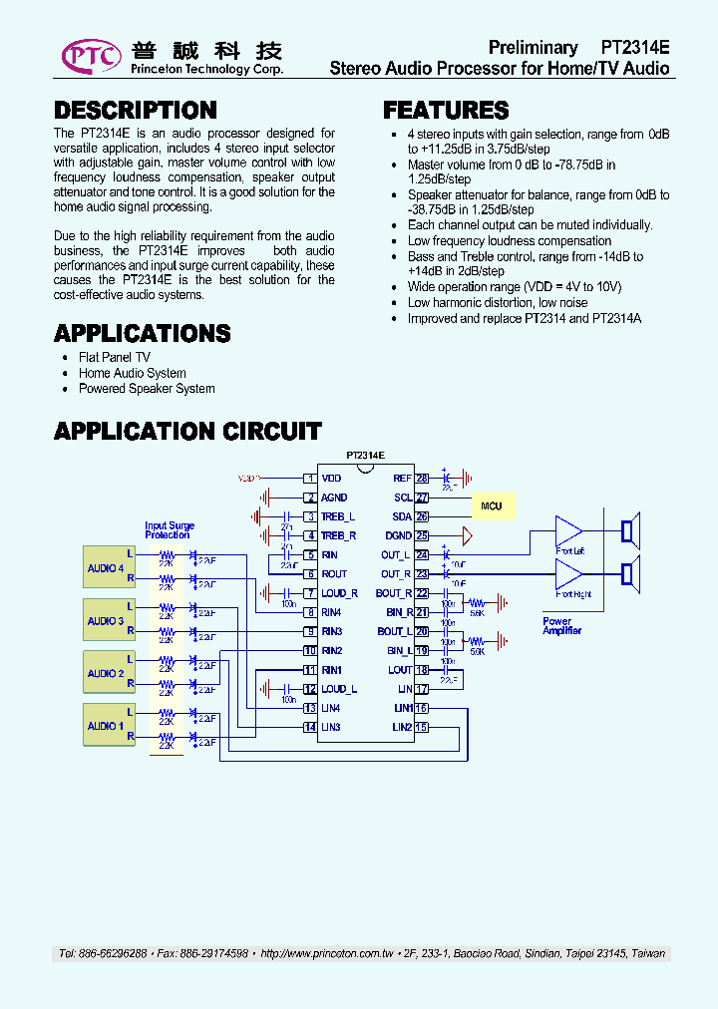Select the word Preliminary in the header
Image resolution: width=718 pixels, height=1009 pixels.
533,48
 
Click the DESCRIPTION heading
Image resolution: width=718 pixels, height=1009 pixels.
135,111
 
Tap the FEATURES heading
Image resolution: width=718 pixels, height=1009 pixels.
446,111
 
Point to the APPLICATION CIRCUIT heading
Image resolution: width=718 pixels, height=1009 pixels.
187,432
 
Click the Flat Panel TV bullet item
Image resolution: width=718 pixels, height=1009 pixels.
115,357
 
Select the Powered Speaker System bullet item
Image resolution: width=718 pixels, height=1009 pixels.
147,389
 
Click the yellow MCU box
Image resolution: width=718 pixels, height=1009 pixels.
492,506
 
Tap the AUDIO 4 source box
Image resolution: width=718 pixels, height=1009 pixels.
106,568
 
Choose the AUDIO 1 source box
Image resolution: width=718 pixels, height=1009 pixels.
106,726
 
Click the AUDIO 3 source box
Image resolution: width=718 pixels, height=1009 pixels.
106,621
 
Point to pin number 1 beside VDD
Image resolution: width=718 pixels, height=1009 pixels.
310,479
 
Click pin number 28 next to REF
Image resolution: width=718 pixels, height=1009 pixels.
422,479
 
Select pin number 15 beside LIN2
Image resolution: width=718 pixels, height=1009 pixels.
422,727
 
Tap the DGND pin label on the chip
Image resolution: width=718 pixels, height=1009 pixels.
398,535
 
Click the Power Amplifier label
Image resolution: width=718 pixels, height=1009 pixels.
560,626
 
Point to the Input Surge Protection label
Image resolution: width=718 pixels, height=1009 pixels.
170,530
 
